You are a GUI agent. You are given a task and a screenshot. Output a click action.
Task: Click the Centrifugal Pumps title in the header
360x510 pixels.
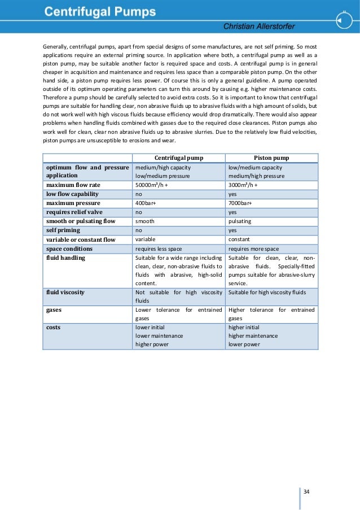coord(102,11)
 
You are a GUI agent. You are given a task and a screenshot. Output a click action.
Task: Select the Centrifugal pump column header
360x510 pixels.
coord(178,158)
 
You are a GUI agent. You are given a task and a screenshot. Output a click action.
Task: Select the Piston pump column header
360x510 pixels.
coord(271,158)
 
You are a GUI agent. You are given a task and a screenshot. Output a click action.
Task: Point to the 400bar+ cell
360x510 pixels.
coord(146,203)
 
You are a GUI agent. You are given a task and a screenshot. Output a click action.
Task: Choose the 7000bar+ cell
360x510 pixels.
coord(240,203)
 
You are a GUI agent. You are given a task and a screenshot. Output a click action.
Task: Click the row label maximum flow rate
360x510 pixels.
coord(73,185)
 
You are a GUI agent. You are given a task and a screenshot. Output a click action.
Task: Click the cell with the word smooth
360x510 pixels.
coord(145,221)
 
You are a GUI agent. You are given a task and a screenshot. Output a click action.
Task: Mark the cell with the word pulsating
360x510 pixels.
coord(240,221)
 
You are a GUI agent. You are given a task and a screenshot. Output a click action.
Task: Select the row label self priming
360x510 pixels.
coord(63,230)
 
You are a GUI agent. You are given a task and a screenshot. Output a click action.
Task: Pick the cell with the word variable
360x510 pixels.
coord(146,239)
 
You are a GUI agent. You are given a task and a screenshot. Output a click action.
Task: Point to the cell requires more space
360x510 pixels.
coord(253,249)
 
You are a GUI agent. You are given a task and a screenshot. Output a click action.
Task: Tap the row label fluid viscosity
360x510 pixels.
coord(65,292)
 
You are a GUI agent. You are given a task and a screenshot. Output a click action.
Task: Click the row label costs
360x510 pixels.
coord(54,327)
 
